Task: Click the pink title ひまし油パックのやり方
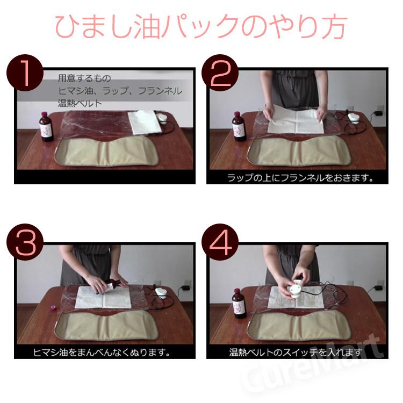201,26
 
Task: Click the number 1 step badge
25,73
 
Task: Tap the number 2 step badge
220,73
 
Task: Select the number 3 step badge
25,242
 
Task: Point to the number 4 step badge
220,242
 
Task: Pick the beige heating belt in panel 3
106,326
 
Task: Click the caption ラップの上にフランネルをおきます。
300,178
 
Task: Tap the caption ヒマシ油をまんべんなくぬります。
102,352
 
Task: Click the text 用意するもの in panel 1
84,78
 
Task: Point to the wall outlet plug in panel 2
377,113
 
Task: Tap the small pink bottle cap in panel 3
52,307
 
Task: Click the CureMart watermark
312,365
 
